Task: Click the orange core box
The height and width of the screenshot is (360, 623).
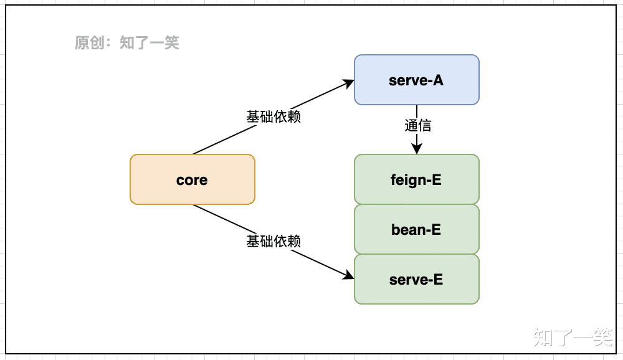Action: click(192, 179)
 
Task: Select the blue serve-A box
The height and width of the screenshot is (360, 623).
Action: click(416, 80)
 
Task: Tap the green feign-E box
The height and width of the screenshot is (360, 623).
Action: click(416, 179)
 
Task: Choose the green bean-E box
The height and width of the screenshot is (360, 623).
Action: click(416, 229)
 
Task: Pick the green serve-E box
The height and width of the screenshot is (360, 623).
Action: click(416, 279)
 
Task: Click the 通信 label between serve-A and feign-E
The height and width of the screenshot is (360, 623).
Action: click(417, 125)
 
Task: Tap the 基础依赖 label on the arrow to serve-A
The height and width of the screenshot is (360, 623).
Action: click(273, 116)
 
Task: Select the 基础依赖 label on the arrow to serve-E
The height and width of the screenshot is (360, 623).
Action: click(273, 241)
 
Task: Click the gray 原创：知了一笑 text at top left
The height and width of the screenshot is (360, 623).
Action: click(127, 43)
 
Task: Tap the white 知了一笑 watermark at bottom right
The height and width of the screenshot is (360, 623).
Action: click(573, 337)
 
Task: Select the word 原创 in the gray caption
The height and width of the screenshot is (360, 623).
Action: click(88, 43)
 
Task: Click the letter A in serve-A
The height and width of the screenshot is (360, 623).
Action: click(439, 80)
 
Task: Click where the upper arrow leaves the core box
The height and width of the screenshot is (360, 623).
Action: click(194, 153)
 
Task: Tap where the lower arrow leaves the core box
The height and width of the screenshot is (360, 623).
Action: click(194, 205)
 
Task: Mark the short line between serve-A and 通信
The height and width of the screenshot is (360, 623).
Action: click(417, 111)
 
